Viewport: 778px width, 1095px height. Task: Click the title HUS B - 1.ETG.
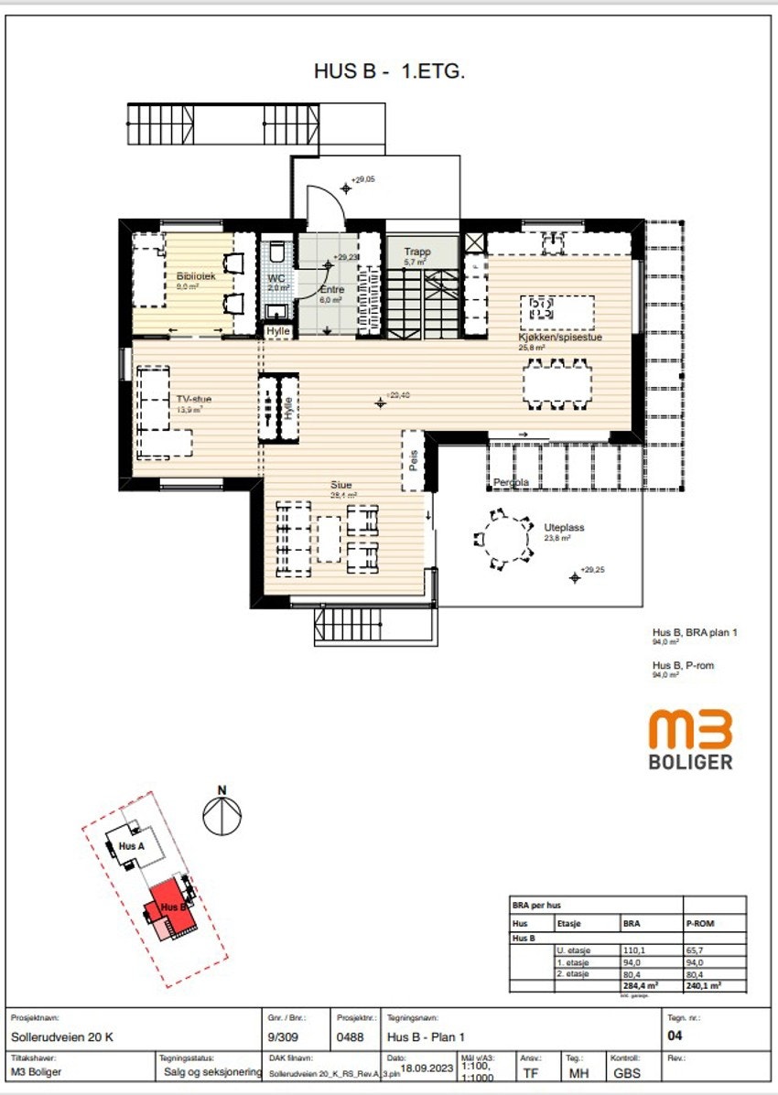(390, 72)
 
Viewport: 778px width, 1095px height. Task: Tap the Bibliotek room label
(196, 275)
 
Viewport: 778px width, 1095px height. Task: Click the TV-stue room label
(194, 399)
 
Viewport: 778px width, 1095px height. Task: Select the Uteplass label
(564, 528)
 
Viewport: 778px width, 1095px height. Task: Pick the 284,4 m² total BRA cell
(641, 986)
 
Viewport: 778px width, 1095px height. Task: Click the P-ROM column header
(700, 924)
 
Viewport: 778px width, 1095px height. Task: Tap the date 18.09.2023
(427, 1066)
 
